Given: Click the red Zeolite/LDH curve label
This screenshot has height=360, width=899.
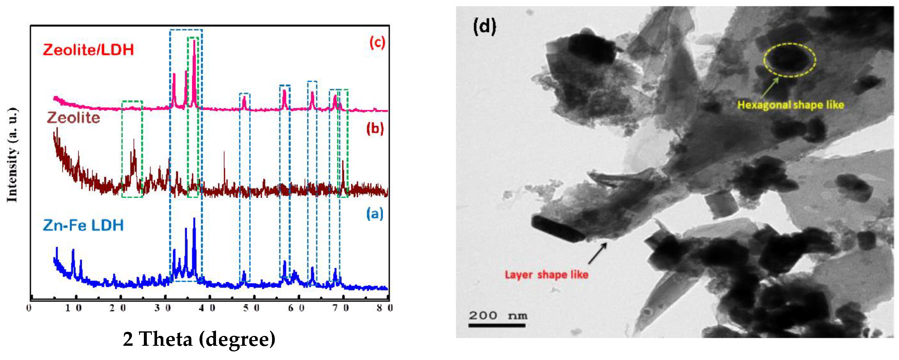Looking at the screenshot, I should pos(88,50).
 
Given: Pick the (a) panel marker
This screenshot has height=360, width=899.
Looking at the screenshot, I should pos(375,213).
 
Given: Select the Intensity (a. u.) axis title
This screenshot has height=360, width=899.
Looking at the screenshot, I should pos(12,155).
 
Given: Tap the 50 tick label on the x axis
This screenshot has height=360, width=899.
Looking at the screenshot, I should pos(252,308).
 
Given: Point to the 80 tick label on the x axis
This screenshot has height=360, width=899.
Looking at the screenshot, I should pos(385,308).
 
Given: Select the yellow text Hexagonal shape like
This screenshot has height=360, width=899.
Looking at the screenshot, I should pos(790,105).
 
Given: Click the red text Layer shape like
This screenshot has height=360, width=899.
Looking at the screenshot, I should pos(546,275).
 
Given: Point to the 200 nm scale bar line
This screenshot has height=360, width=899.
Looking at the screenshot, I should pos(497,326).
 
